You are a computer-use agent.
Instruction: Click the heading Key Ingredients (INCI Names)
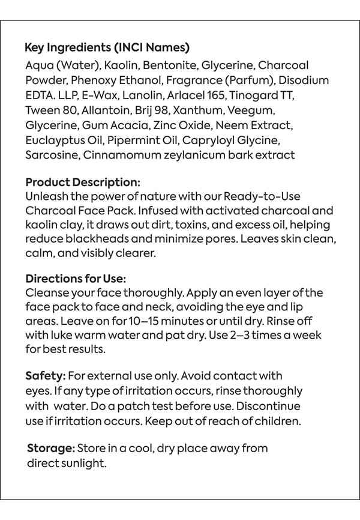[107, 48]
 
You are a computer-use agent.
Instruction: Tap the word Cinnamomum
[125, 156]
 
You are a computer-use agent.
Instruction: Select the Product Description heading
[83, 182]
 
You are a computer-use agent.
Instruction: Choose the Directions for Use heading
[76, 279]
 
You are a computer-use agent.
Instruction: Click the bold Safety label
[45, 376]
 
